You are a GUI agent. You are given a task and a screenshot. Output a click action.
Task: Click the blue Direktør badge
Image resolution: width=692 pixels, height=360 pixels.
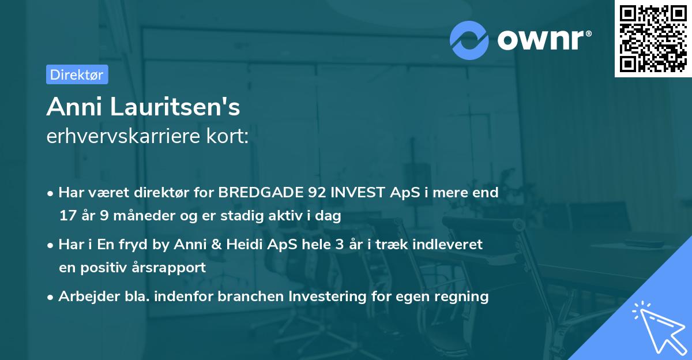coord(77,74)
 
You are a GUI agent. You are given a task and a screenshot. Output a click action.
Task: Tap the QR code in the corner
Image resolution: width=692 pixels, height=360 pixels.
coord(653,39)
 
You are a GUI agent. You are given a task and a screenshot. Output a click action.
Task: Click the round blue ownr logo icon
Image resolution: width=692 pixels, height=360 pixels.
coord(469,40)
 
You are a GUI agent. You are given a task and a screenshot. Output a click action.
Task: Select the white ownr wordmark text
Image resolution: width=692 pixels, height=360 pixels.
coord(540,40)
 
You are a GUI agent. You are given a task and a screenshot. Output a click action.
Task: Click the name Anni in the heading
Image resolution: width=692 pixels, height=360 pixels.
coord(74,107)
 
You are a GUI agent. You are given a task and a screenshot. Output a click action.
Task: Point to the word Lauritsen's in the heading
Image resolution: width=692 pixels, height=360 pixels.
coord(175,107)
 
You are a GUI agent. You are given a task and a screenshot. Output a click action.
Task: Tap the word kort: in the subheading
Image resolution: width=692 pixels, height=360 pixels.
coord(227,136)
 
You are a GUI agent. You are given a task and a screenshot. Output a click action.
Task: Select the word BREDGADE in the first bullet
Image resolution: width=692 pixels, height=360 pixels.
coord(261,193)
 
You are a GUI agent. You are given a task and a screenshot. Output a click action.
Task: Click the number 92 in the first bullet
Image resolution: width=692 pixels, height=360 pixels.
coord(317,193)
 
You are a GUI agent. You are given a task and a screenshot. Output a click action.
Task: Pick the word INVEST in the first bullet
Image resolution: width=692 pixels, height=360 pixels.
coord(358,193)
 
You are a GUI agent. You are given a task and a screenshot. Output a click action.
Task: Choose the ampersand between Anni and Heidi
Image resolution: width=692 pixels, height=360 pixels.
coord(216,245)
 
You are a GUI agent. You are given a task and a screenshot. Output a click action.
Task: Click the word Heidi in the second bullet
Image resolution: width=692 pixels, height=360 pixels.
coord(244,244)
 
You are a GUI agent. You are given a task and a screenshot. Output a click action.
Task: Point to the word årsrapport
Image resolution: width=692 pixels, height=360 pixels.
coord(168,268)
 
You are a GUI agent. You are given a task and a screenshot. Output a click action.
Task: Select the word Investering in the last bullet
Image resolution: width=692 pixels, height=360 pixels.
coord(328,297)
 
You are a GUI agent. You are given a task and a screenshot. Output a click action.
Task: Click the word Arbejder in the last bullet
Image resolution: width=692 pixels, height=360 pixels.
coord(89,297)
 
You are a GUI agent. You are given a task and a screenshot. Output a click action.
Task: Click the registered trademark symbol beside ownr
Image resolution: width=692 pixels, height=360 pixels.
coord(588,33)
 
